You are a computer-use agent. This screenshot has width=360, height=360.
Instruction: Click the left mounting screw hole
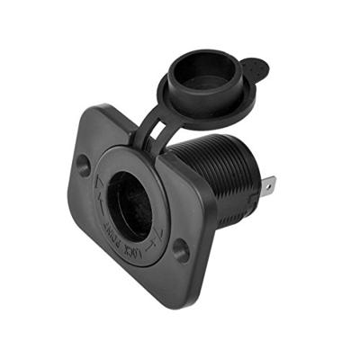click(x=83, y=165)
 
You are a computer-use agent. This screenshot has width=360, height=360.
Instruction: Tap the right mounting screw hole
click(x=181, y=250)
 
